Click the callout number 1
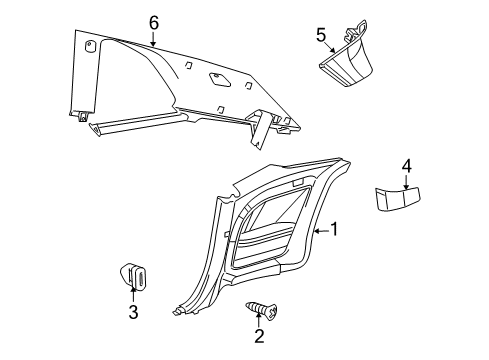[x=336, y=229]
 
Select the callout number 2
[x=259, y=336]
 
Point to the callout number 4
[x=407, y=166]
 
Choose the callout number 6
[x=153, y=21]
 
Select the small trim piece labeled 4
[x=401, y=201]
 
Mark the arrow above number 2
[x=259, y=320]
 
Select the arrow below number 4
[x=407, y=182]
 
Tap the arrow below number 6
[x=153, y=40]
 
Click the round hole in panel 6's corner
[x=92, y=45]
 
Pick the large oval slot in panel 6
[x=218, y=77]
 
